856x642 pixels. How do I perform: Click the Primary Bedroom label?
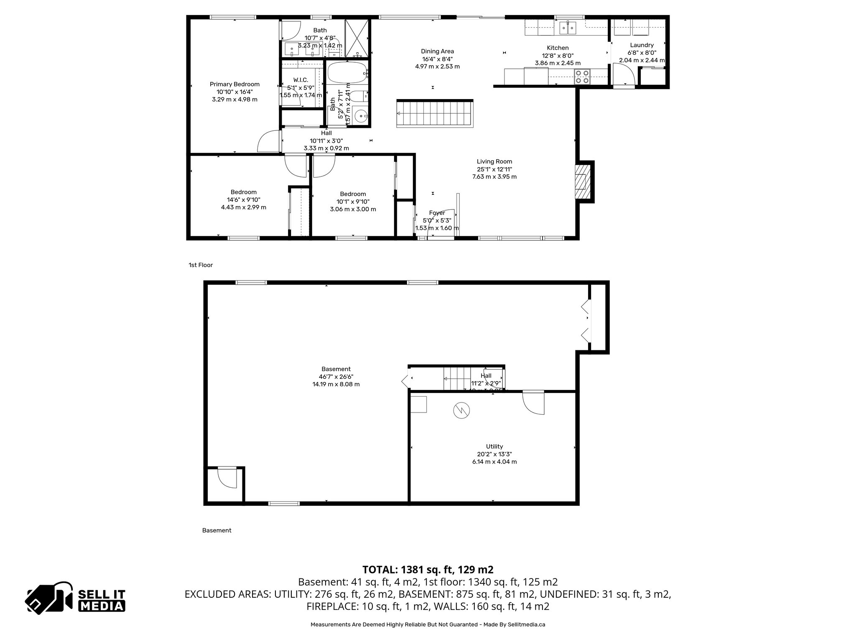(x=234, y=84)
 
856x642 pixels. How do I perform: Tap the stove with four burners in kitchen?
(x=582, y=76)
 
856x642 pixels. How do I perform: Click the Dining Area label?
(x=437, y=51)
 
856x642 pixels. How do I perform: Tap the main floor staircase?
(x=435, y=114)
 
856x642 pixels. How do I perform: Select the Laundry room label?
(x=642, y=45)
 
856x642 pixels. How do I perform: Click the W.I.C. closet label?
(x=301, y=80)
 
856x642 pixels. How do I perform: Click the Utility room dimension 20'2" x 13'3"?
(x=494, y=454)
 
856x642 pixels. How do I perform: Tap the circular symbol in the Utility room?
(x=461, y=410)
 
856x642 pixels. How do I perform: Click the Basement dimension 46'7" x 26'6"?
(x=336, y=377)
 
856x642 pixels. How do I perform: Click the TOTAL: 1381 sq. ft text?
(x=428, y=570)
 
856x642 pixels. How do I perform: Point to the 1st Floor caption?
(x=201, y=265)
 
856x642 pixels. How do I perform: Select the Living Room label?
(x=494, y=161)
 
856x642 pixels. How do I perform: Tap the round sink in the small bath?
(x=360, y=116)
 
